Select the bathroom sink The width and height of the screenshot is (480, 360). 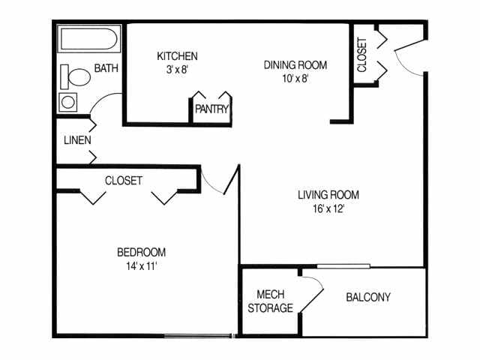(x=68, y=102)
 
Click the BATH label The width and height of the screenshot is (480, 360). (x=106, y=69)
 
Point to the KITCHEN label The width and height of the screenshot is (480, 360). (x=177, y=56)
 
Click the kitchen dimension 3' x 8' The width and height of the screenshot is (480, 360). (x=177, y=70)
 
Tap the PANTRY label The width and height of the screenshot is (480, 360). (x=211, y=109)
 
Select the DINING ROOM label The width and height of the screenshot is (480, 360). (x=295, y=64)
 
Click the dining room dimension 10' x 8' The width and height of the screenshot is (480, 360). (x=295, y=78)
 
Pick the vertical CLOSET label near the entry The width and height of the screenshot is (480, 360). (x=362, y=55)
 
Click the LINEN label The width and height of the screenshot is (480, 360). (x=78, y=140)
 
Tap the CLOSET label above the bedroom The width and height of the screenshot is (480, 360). (x=124, y=181)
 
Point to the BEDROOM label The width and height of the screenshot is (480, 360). (x=141, y=252)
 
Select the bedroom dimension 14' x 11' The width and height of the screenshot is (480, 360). (x=141, y=265)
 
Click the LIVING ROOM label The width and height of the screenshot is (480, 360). (x=328, y=195)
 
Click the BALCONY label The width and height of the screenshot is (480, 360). (x=368, y=297)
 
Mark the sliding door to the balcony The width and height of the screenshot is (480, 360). (x=343, y=265)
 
